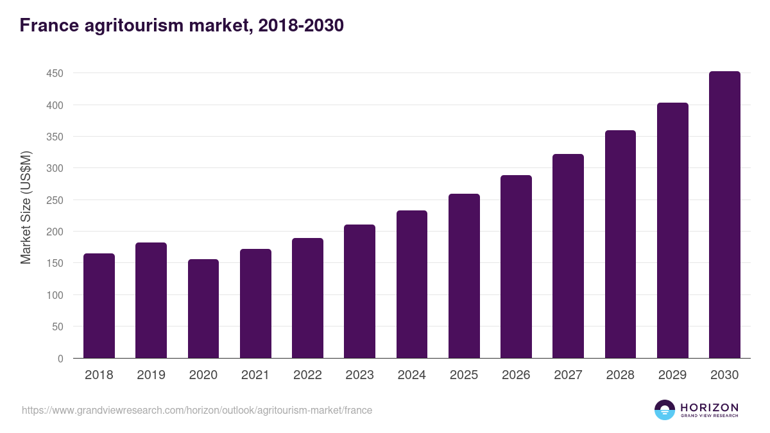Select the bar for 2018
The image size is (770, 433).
click(x=99, y=306)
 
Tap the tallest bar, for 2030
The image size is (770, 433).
click(x=724, y=215)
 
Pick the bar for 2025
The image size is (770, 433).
click(x=464, y=276)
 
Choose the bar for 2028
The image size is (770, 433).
click(x=620, y=244)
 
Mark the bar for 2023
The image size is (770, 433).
click(x=359, y=291)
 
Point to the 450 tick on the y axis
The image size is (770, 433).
click(x=55, y=74)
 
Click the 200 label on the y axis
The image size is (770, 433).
click(x=55, y=232)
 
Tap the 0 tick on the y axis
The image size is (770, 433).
click(x=60, y=359)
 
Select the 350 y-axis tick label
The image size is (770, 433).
click(x=55, y=137)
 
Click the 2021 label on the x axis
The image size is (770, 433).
click(x=255, y=375)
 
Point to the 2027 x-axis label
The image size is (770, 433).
click(x=568, y=375)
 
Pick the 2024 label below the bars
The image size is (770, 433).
click(x=411, y=375)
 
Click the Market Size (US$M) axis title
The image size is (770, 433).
click(x=26, y=207)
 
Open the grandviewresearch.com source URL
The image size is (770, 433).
click(x=197, y=410)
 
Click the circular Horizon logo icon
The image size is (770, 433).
click(x=665, y=410)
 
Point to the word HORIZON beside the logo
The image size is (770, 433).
click(x=709, y=407)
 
